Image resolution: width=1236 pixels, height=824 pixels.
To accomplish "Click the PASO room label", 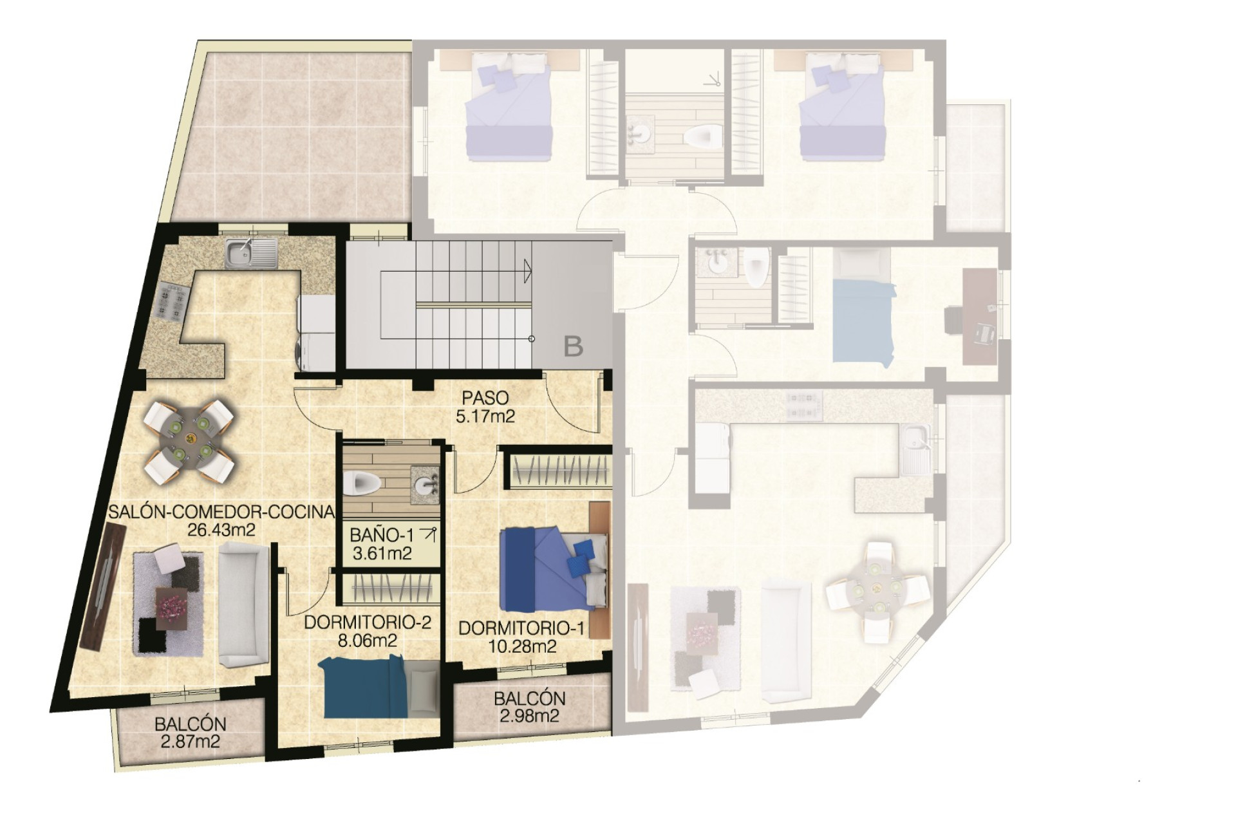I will click(x=485, y=398).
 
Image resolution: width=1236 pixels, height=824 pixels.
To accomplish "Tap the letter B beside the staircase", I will click(x=573, y=347).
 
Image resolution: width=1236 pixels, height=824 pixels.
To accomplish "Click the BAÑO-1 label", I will click(x=382, y=535).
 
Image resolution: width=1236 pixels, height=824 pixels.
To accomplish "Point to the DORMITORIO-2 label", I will click(x=367, y=623).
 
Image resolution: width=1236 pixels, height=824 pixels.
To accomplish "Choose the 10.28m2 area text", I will click(x=522, y=646).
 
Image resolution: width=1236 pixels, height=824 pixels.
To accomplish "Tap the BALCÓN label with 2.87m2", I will click(x=190, y=724).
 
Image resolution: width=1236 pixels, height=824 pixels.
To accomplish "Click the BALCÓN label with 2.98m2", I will click(x=529, y=698).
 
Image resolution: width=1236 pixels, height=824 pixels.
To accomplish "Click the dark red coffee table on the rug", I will click(x=173, y=609).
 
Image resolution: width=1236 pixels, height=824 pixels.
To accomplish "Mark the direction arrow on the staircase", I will click(x=527, y=270).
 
